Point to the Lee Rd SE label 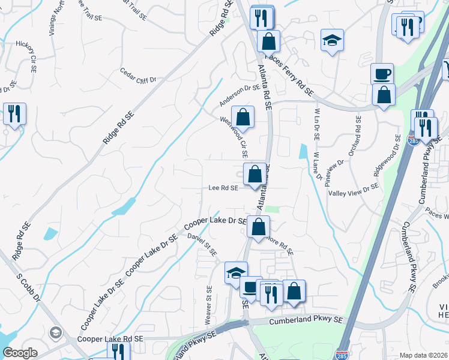(x=224, y=188)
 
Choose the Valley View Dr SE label (x=353, y=190)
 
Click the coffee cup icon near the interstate (x=382, y=75)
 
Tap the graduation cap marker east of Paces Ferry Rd (x=331, y=41)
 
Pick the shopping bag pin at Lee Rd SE (x=255, y=175)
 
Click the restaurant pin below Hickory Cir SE (x=14, y=114)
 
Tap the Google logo (x=20, y=353)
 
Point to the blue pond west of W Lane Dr (x=303, y=151)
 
